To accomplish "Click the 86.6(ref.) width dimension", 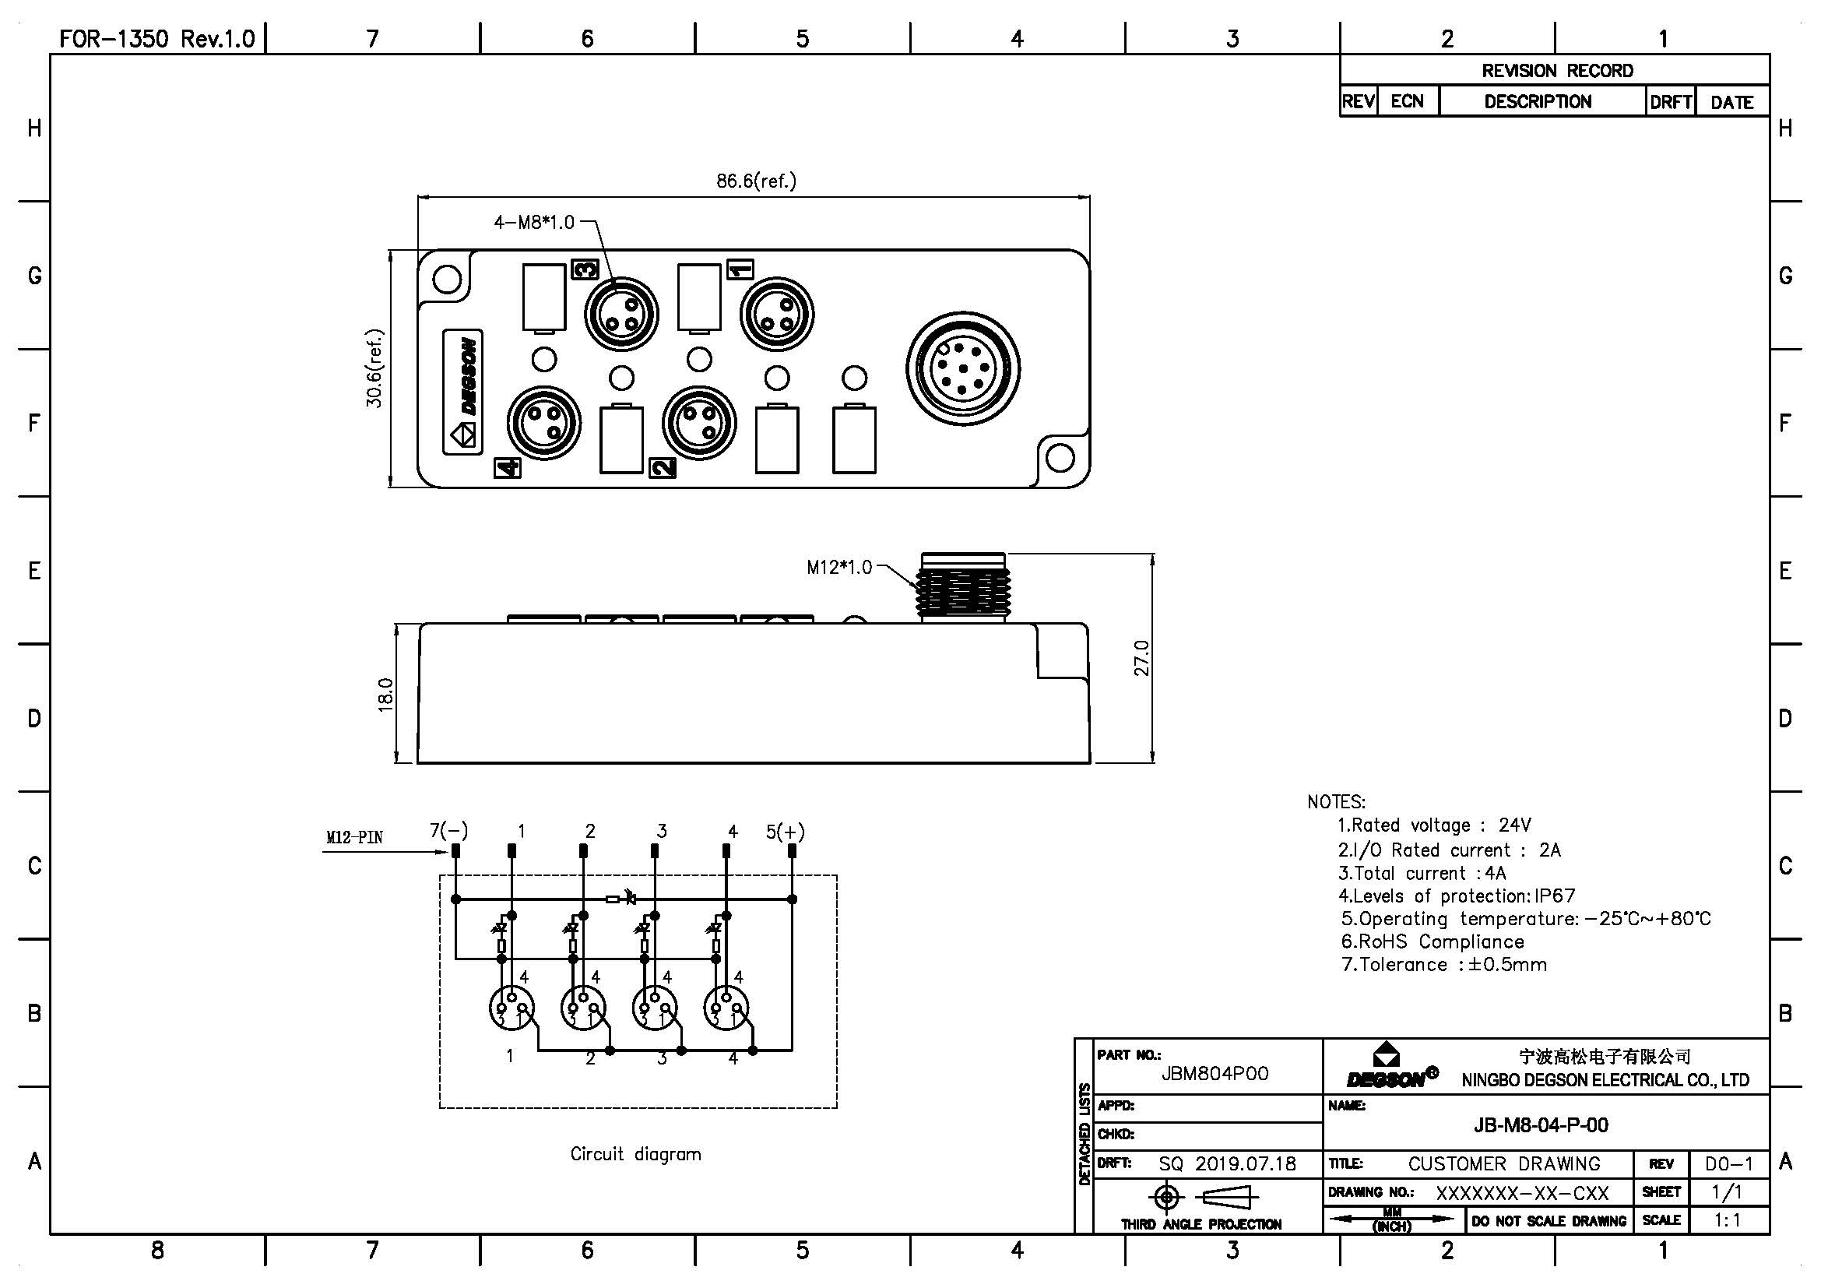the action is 756,181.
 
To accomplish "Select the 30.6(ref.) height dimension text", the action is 374,368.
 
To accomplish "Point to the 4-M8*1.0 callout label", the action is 534,222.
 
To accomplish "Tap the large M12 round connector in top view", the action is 963,369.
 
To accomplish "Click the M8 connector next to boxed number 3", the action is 621,314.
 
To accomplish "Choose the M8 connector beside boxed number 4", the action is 544,422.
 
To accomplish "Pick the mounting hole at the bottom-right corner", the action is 1060,458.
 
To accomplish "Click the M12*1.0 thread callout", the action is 839,567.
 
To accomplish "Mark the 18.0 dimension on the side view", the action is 385,694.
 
